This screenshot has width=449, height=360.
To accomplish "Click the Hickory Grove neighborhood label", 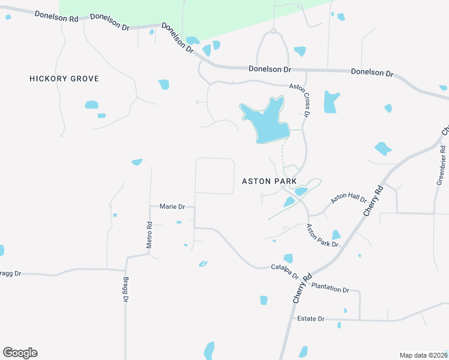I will [x=64, y=79].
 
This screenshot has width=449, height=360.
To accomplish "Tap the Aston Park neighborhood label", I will [x=270, y=181].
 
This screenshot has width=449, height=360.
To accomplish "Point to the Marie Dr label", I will [x=172, y=206].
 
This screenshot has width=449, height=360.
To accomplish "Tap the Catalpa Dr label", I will [x=285, y=271].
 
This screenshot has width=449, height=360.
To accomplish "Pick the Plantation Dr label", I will [x=330, y=289].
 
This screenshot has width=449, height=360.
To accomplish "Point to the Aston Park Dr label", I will [x=322, y=236].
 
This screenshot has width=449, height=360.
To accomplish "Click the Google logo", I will [x=20, y=352].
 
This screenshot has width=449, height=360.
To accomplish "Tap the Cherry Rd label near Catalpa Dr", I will [x=303, y=288].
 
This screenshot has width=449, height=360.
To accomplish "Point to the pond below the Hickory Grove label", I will [x=91, y=105].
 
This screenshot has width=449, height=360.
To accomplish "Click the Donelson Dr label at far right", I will [x=372, y=73].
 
